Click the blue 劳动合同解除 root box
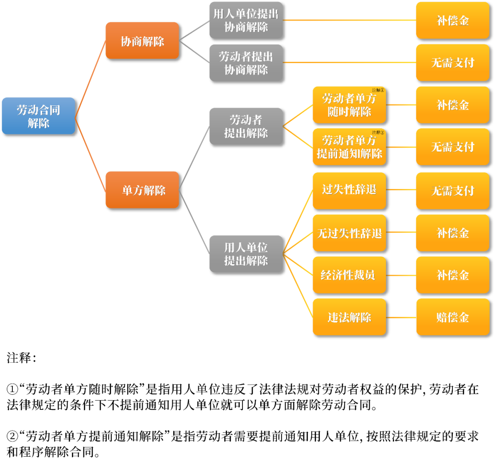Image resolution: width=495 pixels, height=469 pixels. (38, 116)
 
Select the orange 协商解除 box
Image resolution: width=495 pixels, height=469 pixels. (142, 41)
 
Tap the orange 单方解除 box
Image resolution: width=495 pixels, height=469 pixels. (142, 190)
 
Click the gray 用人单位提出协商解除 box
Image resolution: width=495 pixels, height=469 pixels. (246, 20)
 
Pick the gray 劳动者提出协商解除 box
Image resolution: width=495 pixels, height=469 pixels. (246, 63)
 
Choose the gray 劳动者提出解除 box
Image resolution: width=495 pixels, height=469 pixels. (246, 127)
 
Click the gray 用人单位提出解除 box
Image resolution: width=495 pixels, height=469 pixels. (246, 254)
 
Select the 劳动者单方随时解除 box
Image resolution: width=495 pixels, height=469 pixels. (349, 105)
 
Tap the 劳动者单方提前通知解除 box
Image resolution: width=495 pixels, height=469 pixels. (349, 147)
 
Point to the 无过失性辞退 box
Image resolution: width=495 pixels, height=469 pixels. (349, 233)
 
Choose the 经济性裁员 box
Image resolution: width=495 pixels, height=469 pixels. (349, 275)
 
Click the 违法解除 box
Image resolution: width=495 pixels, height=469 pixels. (349, 317)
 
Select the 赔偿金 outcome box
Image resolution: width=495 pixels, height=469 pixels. (453, 317)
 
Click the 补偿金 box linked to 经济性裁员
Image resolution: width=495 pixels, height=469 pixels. (453, 275)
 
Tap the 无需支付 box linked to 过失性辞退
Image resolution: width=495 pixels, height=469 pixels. (453, 190)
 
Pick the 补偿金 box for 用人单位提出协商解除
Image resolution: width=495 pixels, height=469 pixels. (453, 21)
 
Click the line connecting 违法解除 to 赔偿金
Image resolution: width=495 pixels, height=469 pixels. (401, 317)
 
